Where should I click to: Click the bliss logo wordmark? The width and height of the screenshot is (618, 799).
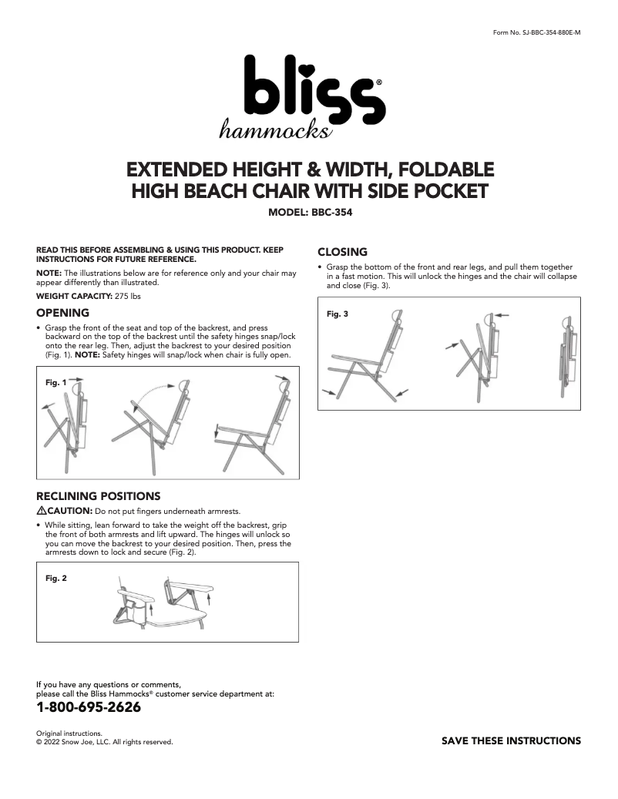click(308, 91)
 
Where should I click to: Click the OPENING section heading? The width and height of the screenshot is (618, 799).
click(63, 313)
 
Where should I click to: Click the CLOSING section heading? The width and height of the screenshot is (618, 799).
click(342, 252)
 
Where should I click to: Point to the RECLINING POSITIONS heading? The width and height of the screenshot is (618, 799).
click(99, 495)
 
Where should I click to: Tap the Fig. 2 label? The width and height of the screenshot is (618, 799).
click(56, 578)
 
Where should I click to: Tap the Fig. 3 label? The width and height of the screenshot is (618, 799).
click(338, 314)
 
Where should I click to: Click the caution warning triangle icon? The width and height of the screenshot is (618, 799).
click(42, 511)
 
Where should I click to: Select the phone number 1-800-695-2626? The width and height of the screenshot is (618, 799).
click(89, 707)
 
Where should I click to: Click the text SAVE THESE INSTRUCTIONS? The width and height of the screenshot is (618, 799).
click(511, 741)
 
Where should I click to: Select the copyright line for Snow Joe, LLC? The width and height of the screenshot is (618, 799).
click(105, 743)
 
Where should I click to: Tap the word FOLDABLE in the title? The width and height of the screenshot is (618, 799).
click(443, 169)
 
